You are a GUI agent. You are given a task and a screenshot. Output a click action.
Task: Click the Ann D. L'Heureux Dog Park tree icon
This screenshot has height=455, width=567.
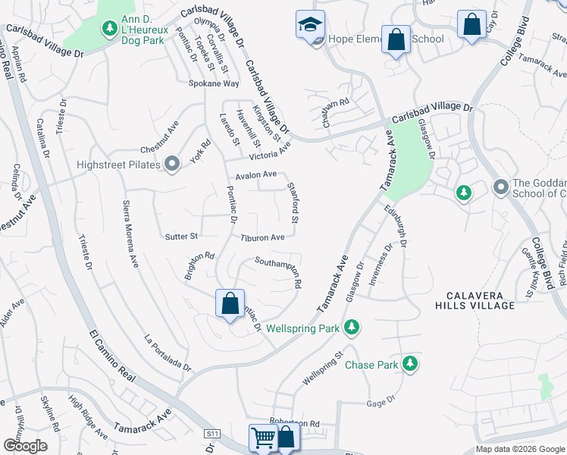click(109, 29)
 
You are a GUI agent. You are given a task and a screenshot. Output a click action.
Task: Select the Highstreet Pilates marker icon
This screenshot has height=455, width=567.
click(172, 164)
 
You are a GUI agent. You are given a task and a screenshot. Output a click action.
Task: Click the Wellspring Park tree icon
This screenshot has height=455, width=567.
click(350, 328)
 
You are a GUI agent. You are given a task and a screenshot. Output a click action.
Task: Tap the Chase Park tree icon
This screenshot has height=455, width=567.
click(410, 364)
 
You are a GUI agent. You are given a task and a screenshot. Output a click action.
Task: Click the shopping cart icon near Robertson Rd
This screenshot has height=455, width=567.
click(262, 438)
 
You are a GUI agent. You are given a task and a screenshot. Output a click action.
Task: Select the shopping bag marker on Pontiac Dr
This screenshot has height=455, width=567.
click(230, 304)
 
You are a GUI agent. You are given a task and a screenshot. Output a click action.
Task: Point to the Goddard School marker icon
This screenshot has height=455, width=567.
click(500, 186)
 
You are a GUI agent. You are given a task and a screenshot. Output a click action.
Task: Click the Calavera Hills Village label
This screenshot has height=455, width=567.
click(475, 300)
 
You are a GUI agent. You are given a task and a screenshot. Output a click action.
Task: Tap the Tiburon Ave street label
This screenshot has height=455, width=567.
click(262, 237)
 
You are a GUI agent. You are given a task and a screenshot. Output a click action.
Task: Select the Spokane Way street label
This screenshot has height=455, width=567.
click(214, 83)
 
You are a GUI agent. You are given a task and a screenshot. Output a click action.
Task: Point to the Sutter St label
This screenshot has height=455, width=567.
click(181, 237)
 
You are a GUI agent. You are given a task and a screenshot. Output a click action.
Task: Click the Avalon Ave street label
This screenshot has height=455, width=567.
click(255, 174)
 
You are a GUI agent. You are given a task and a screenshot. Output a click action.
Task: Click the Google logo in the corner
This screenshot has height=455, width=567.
click(25, 446)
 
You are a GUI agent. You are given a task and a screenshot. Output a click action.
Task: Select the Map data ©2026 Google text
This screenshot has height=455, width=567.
click(520, 449)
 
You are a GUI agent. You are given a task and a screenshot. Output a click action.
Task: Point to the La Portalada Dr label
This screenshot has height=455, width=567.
click(167, 353)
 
